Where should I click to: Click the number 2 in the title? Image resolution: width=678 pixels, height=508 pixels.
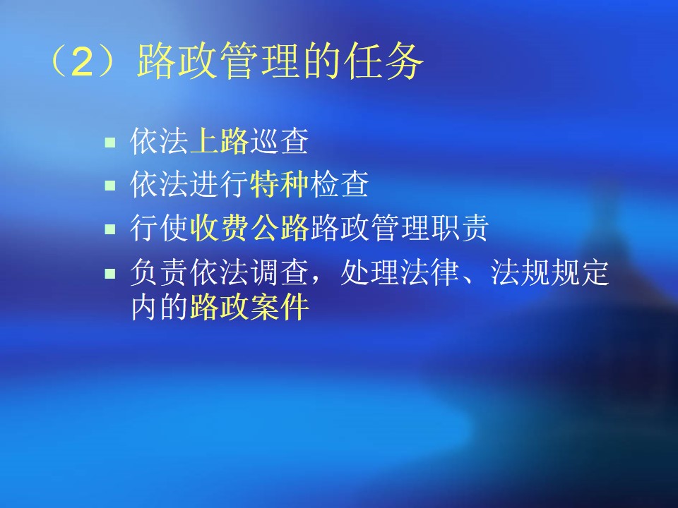point(82,61)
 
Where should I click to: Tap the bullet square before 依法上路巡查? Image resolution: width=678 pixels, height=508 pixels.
point(110,142)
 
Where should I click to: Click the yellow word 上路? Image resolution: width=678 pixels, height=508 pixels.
point(219,141)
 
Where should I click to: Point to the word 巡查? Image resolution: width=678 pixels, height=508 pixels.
point(279,141)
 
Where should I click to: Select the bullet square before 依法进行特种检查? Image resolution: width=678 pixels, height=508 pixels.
point(110,186)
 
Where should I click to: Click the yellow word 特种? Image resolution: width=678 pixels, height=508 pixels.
point(279,184)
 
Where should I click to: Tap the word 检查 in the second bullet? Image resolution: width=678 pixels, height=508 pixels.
point(339,184)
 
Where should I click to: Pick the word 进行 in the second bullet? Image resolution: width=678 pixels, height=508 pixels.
point(219,184)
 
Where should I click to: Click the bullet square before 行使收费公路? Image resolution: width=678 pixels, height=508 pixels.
point(110,229)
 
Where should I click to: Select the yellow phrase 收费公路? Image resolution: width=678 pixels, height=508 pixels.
point(249,227)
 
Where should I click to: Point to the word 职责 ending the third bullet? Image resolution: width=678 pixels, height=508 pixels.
point(459,227)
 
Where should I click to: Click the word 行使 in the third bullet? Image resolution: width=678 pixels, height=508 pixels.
point(159,227)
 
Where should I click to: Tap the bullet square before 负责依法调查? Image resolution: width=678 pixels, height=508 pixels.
point(110,274)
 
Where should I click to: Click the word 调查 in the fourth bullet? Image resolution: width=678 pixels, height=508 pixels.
point(279,272)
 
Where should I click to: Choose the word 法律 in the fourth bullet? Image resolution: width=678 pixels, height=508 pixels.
point(429,272)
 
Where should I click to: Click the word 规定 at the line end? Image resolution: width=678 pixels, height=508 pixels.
point(579,272)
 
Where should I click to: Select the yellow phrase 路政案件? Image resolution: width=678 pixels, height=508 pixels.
point(249,307)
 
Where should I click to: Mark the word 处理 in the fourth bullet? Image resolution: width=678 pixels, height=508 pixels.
point(369,272)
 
